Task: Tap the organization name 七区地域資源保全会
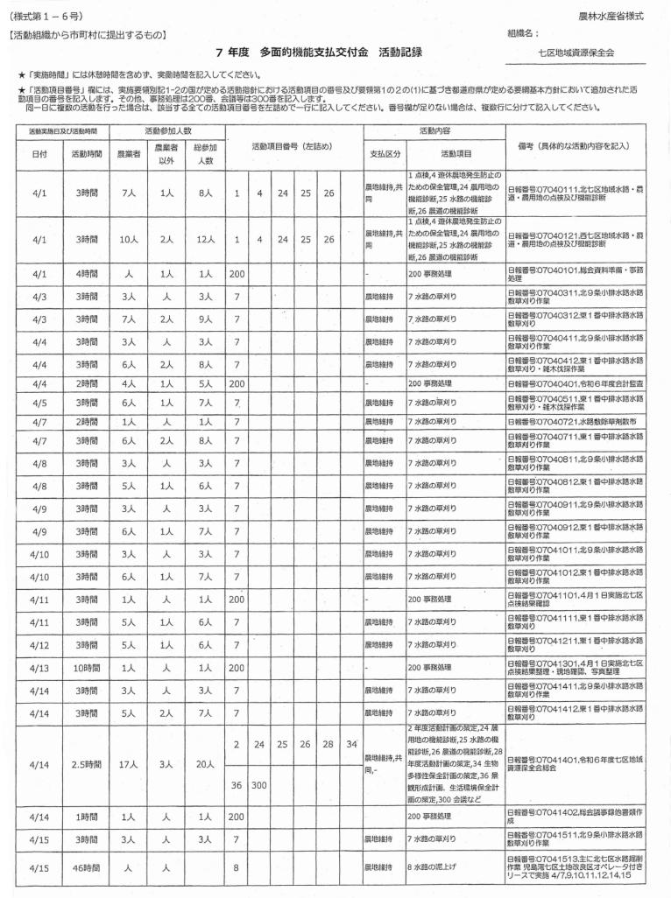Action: [576, 53]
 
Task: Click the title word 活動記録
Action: [400, 53]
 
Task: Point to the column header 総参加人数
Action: [205, 153]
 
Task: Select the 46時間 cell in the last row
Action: [86, 869]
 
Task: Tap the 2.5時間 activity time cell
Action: [86, 764]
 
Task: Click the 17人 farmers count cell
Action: [130, 764]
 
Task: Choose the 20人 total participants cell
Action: [205, 764]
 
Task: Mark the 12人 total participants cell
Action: [205, 239]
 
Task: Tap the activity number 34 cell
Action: [350, 744]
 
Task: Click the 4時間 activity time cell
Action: [86, 274]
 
